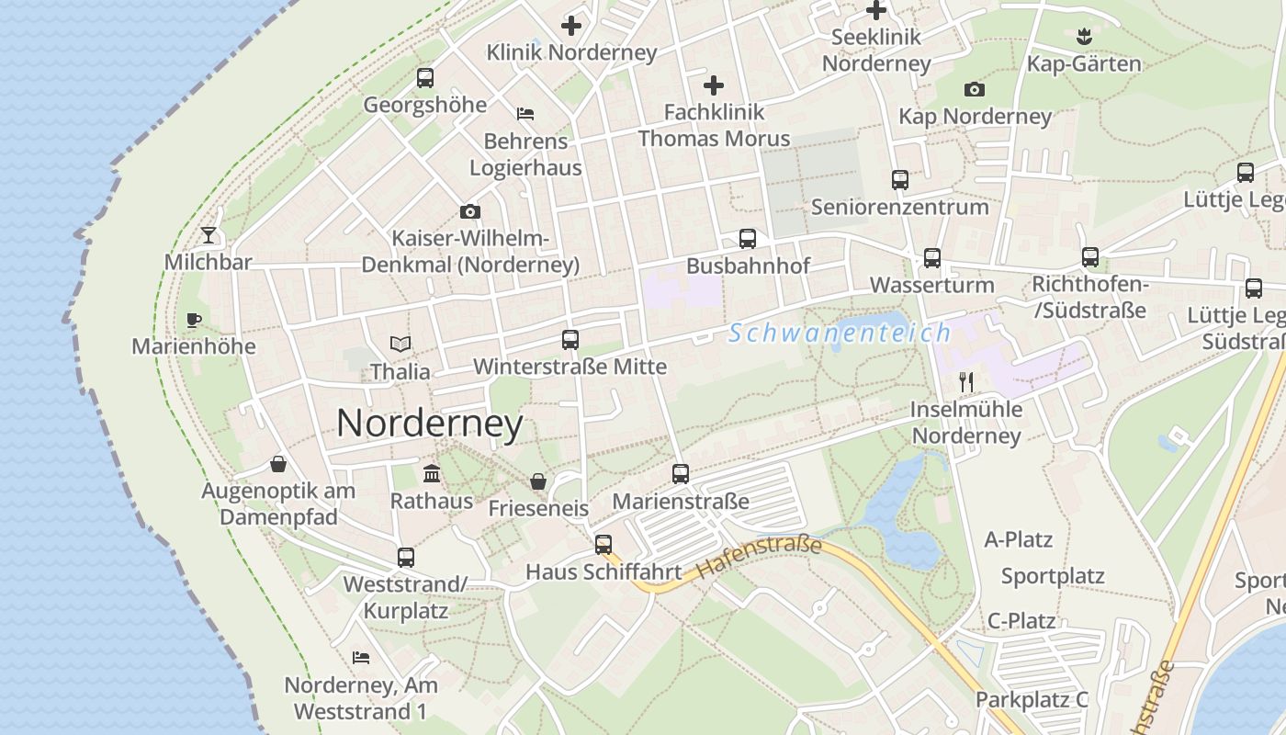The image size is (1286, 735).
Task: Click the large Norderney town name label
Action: click(x=430, y=424)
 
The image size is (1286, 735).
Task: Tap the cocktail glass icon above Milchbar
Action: click(x=209, y=235)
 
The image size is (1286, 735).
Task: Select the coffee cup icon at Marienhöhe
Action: click(x=193, y=320)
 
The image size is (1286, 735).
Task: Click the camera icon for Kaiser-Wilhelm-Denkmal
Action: click(x=469, y=212)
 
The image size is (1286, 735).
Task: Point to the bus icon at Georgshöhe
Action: click(x=424, y=78)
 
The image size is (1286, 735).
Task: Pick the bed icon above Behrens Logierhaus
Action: click(x=525, y=114)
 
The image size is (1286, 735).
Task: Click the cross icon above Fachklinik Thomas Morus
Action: click(x=714, y=86)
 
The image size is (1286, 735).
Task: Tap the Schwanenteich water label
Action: click(x=840, y=333)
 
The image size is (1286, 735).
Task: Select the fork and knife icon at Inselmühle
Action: click(x=965, y=382)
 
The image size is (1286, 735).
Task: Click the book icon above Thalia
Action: click(x=400, y=345)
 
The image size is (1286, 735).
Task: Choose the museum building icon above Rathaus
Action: click(x=431, y=474)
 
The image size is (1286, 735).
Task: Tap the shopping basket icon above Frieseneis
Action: click(x=537, y=481)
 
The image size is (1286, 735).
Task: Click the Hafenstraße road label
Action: click(x=759, y=557)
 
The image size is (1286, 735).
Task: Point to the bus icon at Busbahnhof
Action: click(x=748, y=239)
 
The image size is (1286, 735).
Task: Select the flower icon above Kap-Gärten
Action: click(x=1083, y=37)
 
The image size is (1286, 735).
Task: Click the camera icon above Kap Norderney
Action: click(x=975, y=90)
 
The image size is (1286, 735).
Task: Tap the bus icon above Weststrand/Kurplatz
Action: click(x=405, y=557)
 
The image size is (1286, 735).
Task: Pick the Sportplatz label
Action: click(x=1053, y=577)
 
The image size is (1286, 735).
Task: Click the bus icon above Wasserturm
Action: click(x=932, y=258)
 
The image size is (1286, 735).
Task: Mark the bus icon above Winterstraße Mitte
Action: click(x=570, y=340)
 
